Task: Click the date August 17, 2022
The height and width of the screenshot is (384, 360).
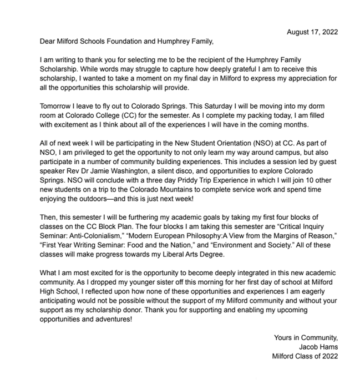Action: tap(312, 32)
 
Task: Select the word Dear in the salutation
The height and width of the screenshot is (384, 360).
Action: tap(49, 41)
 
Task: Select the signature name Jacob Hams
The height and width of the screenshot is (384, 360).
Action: tap(318, 346)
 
